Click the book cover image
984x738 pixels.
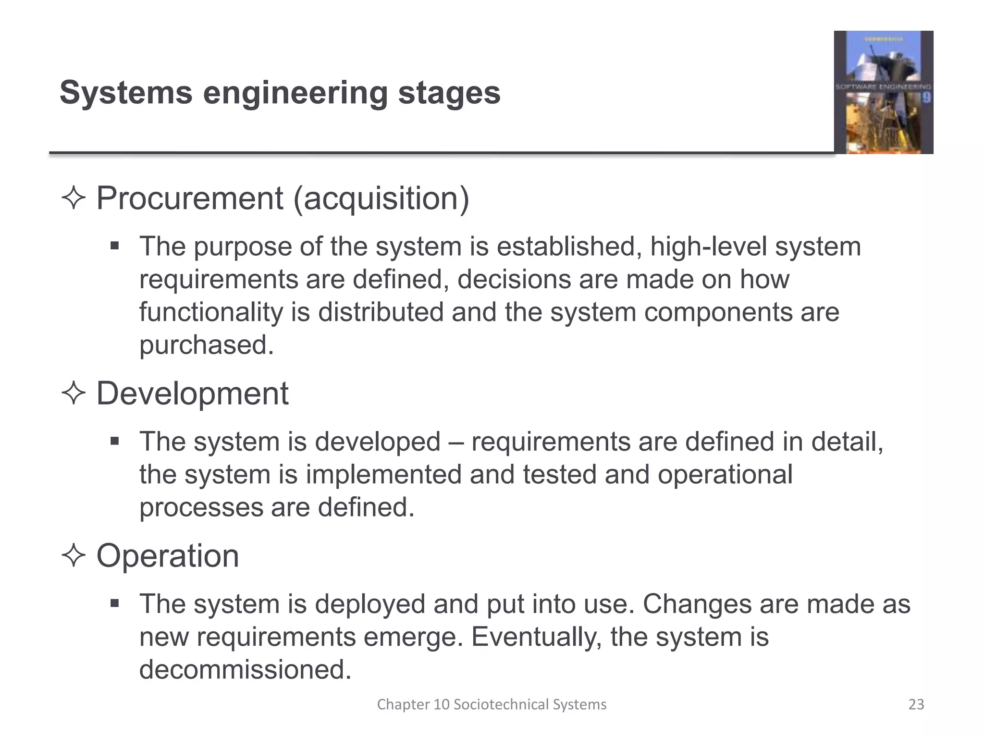[883, 92]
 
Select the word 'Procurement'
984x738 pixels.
[190, 198]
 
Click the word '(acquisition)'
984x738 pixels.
[381, 199]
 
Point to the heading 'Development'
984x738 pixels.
[192, 394]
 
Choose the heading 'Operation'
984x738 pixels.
[168, 556]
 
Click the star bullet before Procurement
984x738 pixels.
[74, 198]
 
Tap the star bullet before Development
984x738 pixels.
[74, 394]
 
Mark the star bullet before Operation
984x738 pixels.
[74, 556]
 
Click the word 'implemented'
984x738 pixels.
[383, 475]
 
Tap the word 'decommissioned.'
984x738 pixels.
[245, 670]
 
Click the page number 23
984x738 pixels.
[916, 704]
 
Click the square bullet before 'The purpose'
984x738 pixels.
[114, 246]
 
